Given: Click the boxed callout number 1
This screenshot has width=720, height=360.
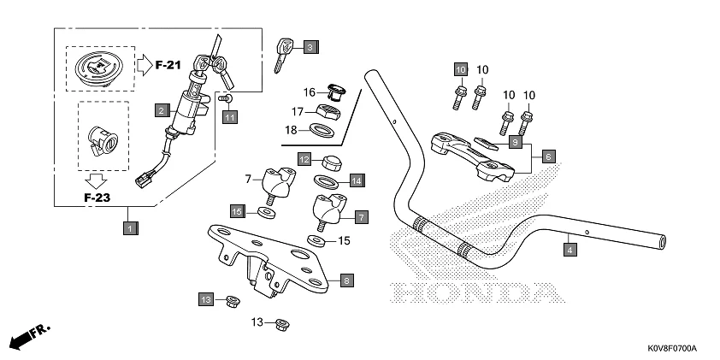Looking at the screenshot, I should click(x=129, y=228).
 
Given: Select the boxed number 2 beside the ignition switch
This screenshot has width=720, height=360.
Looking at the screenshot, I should click(x=160, y=109).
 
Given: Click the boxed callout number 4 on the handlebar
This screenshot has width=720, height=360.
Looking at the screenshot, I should click(x=570, y=250).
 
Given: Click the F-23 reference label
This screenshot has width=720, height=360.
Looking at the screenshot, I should click(x=97, y=198).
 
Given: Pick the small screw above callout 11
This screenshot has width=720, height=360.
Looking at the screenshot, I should click(x=227, y=99).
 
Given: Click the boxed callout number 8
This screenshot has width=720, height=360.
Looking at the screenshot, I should click(x=345, y=280).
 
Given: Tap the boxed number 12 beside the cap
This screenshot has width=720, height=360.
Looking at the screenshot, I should click(x=304, y=159).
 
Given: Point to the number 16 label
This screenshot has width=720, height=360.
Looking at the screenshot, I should click(x=310, y=91).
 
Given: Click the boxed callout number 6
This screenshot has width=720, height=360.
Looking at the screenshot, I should click(x=549, y=156).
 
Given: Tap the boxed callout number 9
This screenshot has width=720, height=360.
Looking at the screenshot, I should click(x=516, y=142).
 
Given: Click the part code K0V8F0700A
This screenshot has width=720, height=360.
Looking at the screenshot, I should click(x=671, y=349).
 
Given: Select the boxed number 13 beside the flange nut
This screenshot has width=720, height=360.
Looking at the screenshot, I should click(x=206, y=298).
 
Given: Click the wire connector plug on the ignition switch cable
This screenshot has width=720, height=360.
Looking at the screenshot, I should click(x=142, y=181).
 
